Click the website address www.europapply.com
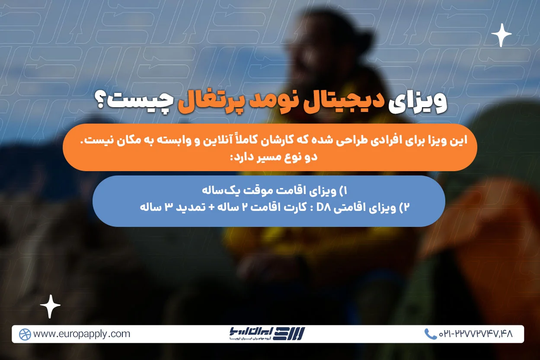pos(81,334)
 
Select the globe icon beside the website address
pos(25,334)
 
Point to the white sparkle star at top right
pos(502,35)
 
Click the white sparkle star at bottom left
pos(50,306)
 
